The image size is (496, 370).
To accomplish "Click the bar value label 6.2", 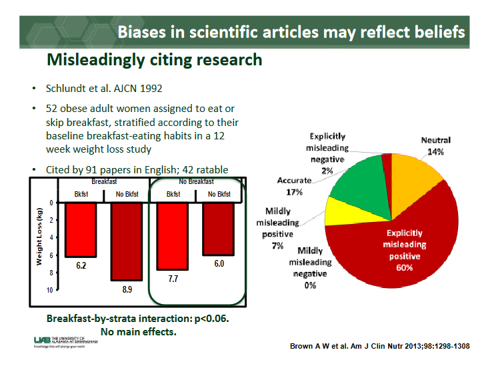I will point(81,265).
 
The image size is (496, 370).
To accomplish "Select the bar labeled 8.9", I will point(126,241).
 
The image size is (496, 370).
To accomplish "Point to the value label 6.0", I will point(218,264).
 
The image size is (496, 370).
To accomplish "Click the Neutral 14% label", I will point(435,146).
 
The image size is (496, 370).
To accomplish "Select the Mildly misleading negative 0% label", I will point(309,267).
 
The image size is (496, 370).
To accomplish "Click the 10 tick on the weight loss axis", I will point(49,291).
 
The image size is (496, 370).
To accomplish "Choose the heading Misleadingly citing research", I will point(154,59).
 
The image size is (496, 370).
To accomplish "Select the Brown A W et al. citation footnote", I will point(381,347).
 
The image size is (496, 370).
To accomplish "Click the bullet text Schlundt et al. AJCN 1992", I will point(104,89).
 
